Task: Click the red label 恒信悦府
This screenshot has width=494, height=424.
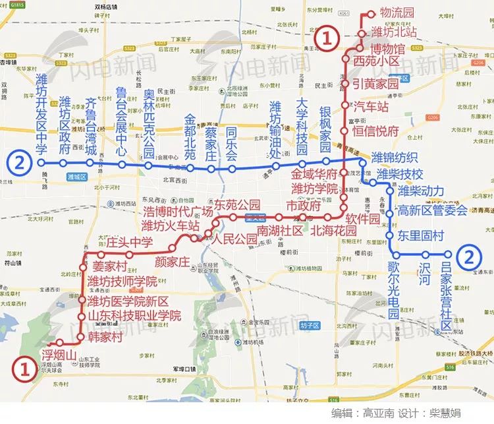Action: click(376, 130)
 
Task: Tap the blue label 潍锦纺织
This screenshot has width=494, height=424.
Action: click(395, 157)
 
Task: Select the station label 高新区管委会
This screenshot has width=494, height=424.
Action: click(433, 210)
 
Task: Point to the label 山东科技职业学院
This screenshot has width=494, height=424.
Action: click(134, 316)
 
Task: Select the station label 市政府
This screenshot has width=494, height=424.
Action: click(302, 205)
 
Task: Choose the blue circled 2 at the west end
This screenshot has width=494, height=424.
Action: click(20, 162)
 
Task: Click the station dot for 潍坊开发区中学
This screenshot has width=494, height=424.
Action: click(41, 162)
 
